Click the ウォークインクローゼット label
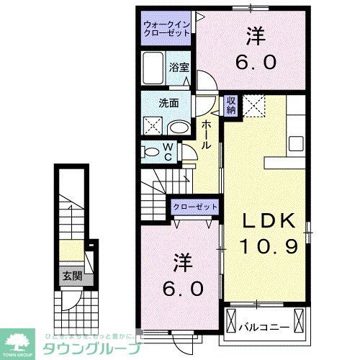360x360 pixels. tap(166, 28)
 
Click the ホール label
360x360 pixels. tap(206, 135)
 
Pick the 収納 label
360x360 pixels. tap(231, 105)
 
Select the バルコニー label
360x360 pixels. tap(265, 328)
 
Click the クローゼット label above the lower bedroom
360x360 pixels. tap(194, 207)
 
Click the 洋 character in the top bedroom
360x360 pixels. tap(255, 35)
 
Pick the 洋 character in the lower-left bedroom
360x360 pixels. tap(181, 261)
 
